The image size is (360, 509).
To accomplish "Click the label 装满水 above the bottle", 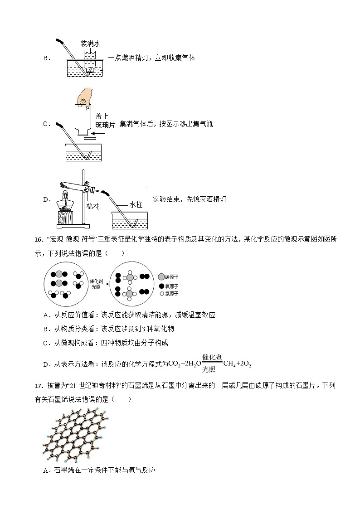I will tap(90, 44).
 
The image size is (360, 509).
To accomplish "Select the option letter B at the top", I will tap(45, 58).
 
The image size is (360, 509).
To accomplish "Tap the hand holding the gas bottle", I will tap(85, 97).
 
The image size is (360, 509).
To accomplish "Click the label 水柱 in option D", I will tap(136, 205).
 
